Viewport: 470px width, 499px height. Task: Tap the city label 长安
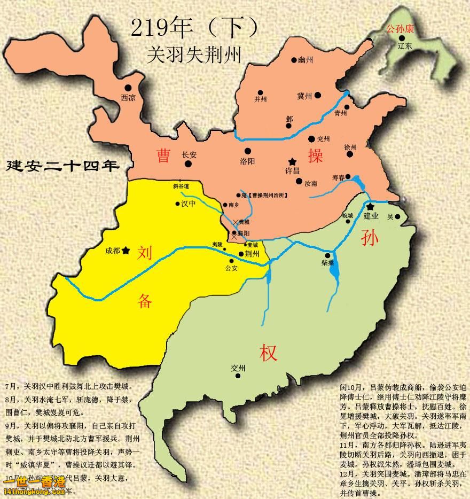pyautogui.click(x=189, y=154)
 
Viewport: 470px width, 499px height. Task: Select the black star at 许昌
pyautogui.click(x=292, y=161)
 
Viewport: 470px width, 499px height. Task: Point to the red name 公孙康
pyautogui.click(x=404, y=28)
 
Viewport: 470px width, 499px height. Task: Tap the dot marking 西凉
pyautogui.click(x=128, y=88)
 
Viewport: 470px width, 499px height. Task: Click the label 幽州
pyautogui.click(x=305, y=60)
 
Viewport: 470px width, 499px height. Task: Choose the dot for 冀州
pyautogui.click(x=318, y=95)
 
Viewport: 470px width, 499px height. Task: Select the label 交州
pyautogui.click(x=238, y=368)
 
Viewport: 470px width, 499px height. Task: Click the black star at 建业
pyautogui.click(x=370, y=206)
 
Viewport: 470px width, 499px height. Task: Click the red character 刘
pyautogui.click(x=145, y=253)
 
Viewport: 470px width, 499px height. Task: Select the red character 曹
pyautogui.click(x=163, y=155)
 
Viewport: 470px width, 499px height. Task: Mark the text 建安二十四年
pyautogui.click(x=62, y=166)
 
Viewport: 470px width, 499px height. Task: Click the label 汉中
pyautogui.click(x=189, y=204)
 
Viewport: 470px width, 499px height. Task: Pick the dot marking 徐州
pyautogui.click(x=350, y=154)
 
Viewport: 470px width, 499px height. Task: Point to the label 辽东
pyautogui.click(x=405, y=46)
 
